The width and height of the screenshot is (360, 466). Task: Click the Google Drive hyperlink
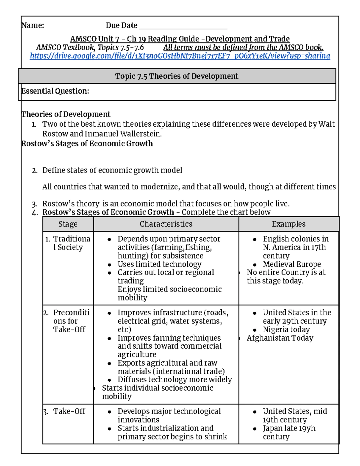pos(180,56)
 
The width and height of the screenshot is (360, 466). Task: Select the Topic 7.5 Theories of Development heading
pos(177,76)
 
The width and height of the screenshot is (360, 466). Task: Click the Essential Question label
pos(55,91)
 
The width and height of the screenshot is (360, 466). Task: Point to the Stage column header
pos(68,224)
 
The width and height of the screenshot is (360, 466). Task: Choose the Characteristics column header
pos(166,224)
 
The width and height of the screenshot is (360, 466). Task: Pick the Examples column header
pos(289,224)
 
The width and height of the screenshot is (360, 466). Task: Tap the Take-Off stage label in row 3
pos(69,411)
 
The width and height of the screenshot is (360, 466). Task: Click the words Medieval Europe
pos(292,264)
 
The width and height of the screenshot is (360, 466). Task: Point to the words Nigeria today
pos(286,329)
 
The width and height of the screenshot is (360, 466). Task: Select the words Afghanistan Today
pos(280,338)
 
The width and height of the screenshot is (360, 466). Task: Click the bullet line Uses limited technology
pos(159,264)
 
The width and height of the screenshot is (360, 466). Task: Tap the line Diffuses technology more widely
pos(175,380)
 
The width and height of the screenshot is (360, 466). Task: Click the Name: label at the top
pos(33,26)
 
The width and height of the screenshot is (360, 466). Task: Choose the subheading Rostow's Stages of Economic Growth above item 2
pos(87,144)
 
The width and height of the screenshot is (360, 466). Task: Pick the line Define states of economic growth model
pos(112,170)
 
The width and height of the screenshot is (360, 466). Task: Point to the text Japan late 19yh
pos(289,428)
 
